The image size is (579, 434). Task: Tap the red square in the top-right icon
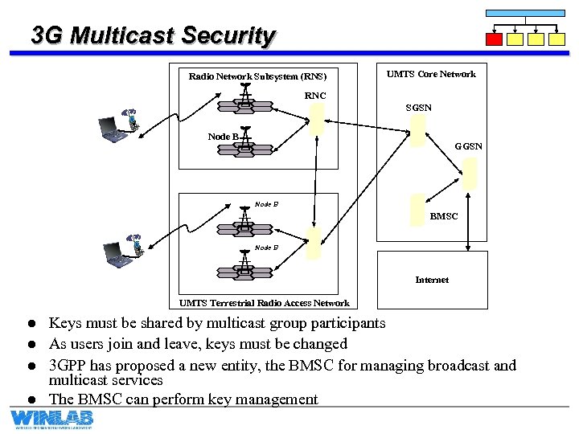pyautogui.click(x=495, y=39)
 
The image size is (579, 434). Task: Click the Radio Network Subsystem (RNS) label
pyautogui.click(x=257, y=77)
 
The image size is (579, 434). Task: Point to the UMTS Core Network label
pyautogui.click(x=431, y=74)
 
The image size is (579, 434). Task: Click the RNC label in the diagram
pyautogui.click(x=315, y=96)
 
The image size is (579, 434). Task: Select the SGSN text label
pyautogui.click(x=418, y=108)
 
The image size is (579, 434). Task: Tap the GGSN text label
pyautogui.click(x=468, y=146)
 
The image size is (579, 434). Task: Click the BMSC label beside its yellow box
pyautogui.click(x=444, y=216)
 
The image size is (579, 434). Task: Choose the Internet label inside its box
pyautogui.click(x=432, y=280)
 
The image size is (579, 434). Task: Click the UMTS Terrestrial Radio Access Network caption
pyautogui.click(x=264, y=303)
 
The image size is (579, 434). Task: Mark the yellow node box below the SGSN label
pyautogui.click(x=417, y=130)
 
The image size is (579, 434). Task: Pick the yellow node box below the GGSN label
pyautogui.click(x=470, y=172)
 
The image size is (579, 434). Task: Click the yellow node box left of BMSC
pyautogui.click(x=417, y=211)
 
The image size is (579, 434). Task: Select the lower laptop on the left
pyautogui.click(x=117, y=255)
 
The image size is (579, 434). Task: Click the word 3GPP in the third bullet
pyautogui.click(x=69, y=366)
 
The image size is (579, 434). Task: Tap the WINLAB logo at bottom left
pyautogui.click(x=51, y=419)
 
